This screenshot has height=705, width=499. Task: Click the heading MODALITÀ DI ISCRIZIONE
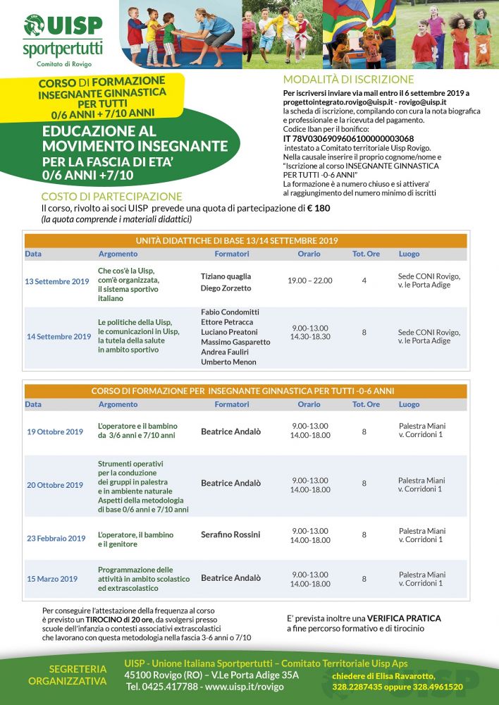coord(348,80)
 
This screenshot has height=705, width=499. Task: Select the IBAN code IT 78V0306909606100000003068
coord(348,138)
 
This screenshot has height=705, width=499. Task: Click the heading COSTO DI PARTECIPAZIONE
coord(111,197)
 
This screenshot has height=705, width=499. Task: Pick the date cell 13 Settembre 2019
coord(57,281)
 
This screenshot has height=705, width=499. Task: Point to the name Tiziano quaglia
coord(226,276)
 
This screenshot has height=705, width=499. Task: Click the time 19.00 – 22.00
coord(309,281)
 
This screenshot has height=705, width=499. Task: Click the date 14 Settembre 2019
coord(59,336)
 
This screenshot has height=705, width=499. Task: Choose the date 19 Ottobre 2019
coord(55,431)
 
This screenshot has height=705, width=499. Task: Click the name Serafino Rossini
coord(230,534)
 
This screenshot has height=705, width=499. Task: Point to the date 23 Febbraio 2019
coord(56,539)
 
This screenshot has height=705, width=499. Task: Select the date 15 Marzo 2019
coord(52,579)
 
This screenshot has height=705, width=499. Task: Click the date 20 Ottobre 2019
coord(55,485)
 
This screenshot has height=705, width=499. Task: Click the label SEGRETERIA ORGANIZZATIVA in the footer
coord(68,675)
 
